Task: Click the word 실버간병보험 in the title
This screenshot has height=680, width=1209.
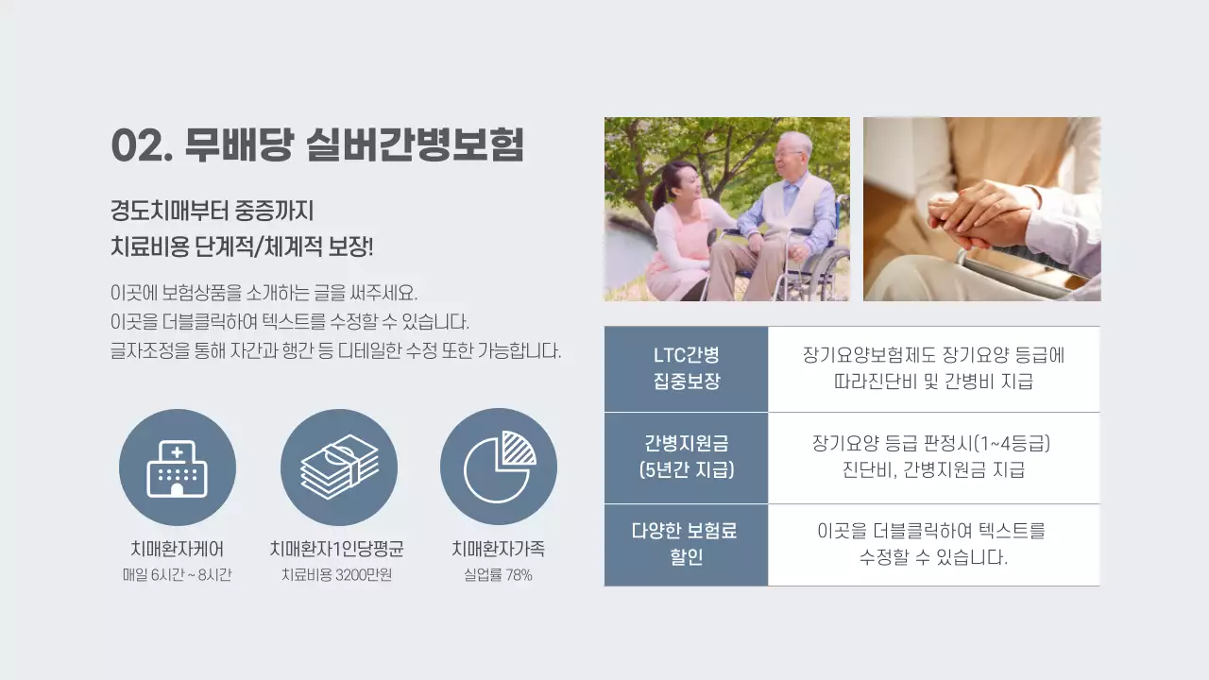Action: [415, 144]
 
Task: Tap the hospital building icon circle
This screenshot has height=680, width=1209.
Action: [178, 467]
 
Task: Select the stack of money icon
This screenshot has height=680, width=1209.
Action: [339, 467]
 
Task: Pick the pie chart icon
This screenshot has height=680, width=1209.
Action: [499, 467]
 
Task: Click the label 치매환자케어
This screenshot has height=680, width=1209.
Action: [178, 549]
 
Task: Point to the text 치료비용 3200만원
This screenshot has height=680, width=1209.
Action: [337, 574]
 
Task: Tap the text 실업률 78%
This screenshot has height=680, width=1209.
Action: [498, 574]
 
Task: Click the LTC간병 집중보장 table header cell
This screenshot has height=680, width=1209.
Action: [686, 368]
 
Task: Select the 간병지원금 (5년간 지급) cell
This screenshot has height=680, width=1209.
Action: [686, 457]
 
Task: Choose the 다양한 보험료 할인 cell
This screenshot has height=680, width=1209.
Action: [686, 544]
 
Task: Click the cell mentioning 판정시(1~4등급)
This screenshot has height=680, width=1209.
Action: [933, 457]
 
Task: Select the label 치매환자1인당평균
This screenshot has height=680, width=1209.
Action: [337, 549]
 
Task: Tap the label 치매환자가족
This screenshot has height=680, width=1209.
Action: [498, 549]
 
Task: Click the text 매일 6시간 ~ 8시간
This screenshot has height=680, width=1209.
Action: [178, 574]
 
